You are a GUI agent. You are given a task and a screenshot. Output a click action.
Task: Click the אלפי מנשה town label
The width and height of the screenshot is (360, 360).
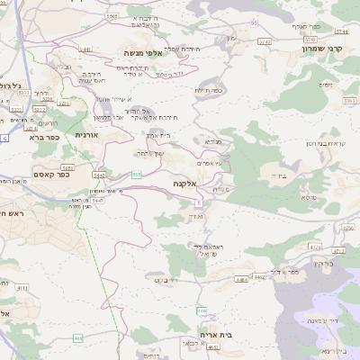143,54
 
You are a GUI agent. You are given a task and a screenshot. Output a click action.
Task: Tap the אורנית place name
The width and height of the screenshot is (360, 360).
85,134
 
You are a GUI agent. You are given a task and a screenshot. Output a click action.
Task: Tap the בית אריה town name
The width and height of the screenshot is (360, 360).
216,334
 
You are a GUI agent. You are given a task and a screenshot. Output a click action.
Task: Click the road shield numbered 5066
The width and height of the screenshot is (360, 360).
112,16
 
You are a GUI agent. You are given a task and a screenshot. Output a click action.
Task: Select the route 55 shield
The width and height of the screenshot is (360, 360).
255,22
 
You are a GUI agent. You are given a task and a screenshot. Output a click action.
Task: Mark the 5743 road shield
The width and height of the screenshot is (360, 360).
311,40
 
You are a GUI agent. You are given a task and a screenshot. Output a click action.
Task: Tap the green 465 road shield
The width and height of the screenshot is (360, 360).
78,338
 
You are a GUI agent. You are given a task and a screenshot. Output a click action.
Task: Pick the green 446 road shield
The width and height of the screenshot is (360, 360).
202,310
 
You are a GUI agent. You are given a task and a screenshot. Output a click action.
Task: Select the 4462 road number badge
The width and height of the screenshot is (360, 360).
259,277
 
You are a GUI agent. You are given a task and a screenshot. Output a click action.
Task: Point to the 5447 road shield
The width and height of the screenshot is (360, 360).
97,200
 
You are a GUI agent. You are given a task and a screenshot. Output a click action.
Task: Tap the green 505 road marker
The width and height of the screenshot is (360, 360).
137,175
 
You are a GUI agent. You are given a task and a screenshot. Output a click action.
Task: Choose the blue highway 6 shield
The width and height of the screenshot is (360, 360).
4,139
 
